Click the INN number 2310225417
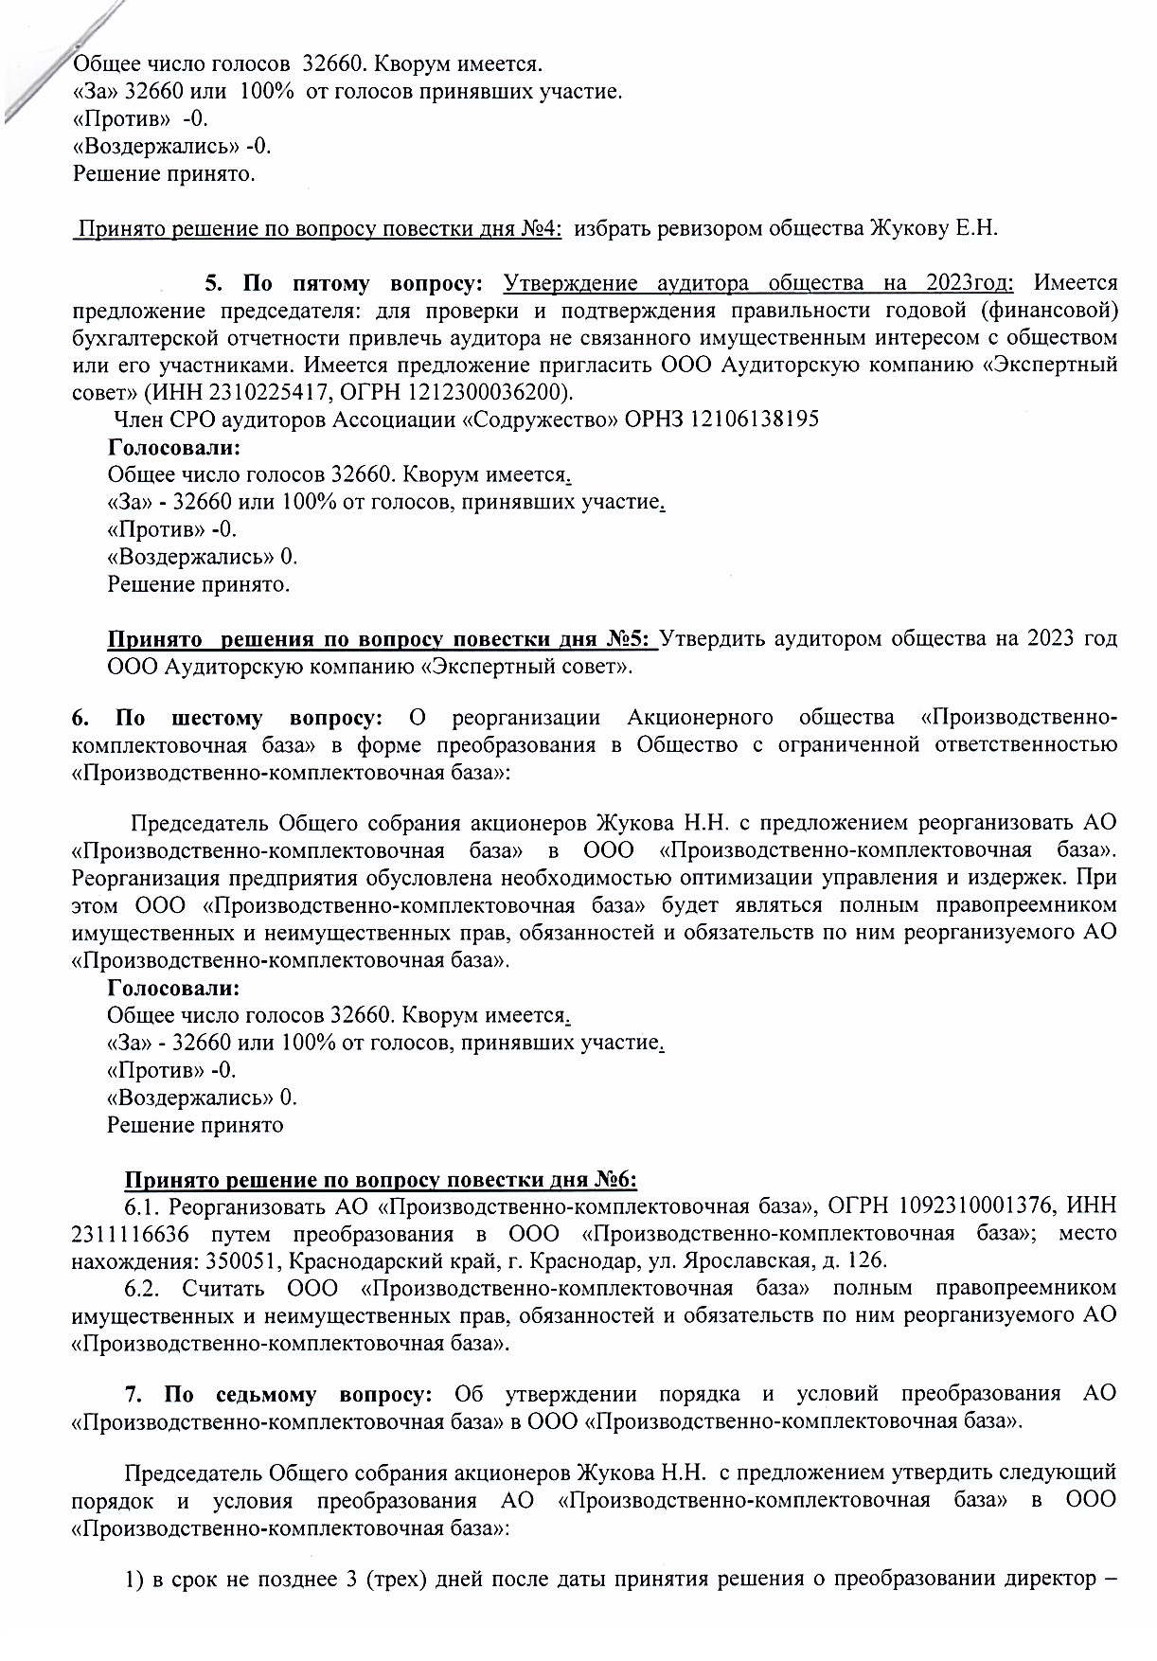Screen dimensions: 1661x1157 tap(255, 391)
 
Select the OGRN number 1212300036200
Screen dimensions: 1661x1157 tap(490, 391)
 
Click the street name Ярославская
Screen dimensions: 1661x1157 tap(753, 1261)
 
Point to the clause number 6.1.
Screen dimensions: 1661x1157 tap(143, 1206)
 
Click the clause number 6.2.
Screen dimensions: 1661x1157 tap(145, 1288)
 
